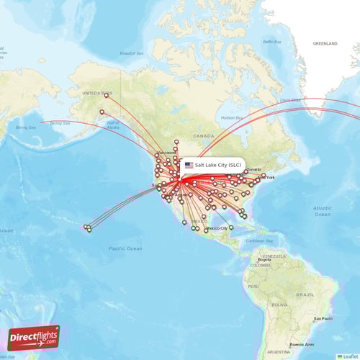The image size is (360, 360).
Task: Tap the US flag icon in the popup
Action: [x=189, y=165]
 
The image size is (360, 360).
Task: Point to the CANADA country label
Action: [x=204, y=135]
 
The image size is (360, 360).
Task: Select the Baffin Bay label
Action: [x=272, y=42]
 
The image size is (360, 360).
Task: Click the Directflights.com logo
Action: [x=34, y=337]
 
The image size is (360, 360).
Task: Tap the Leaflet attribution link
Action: [x=348, y=356]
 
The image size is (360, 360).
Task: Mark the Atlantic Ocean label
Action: [x=322, y=210]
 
